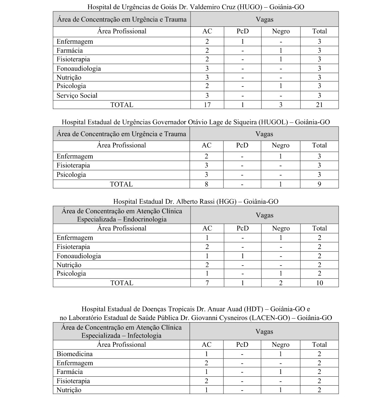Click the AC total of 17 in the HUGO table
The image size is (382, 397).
tap(207, 105)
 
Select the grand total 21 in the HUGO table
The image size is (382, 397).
tap(319, 105)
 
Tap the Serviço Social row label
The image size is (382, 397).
tap(77, 96)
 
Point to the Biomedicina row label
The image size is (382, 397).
tap(74, 354)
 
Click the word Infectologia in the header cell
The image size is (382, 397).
tap(144, 336)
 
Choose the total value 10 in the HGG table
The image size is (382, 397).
tap(319, 283)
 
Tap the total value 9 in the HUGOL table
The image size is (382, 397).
tap(319, 184)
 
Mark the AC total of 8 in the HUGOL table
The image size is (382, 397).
tap(207, 184)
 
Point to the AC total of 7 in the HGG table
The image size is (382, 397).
tap(207, 283)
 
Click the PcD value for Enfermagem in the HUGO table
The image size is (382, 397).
tap(243, 42)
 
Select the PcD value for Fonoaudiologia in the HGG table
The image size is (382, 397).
tap(243, 256)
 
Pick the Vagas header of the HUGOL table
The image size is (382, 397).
tap(264, 134)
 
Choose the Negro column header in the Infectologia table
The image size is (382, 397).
tap(280, 345)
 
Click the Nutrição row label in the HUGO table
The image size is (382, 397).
tap(69, 78)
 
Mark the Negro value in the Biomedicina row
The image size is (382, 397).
tap(280, 354)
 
